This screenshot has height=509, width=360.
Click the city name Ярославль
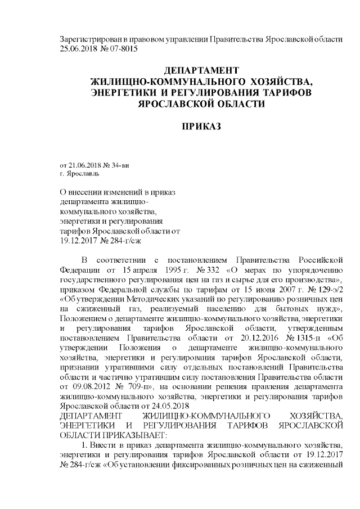[80, 174]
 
